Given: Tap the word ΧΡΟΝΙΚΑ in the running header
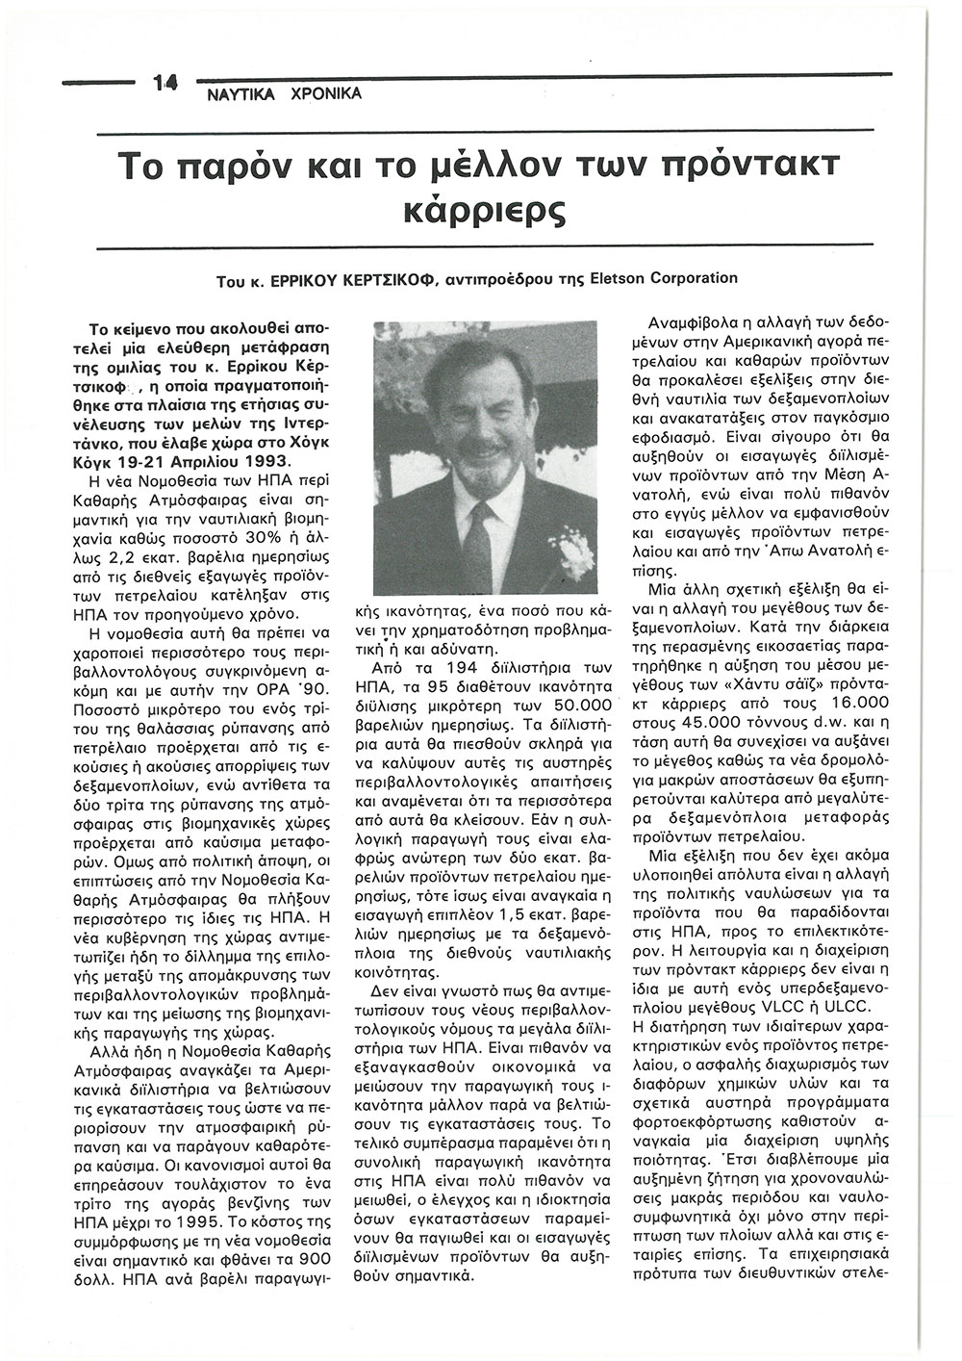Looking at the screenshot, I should [326, 95].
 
